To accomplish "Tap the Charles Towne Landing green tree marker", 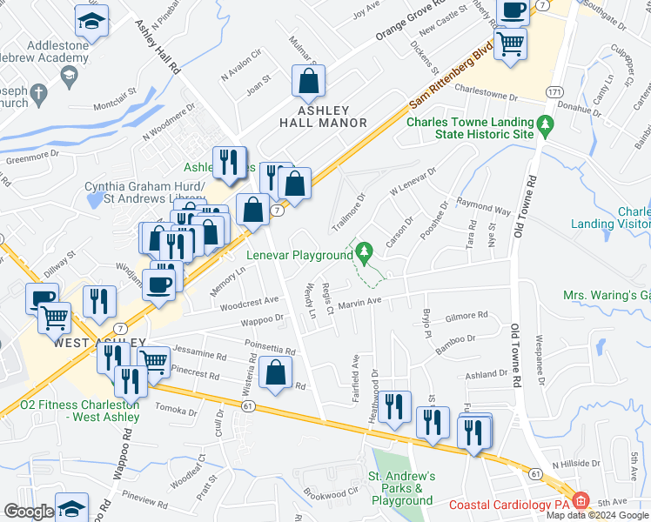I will point(546,125).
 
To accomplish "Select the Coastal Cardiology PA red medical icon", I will point(581,502).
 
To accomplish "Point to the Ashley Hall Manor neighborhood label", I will point(323,117).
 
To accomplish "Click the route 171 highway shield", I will point(554,91).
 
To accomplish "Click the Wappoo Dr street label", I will point(268,319).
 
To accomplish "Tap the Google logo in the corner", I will point(28,512).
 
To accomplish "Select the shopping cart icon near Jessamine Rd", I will point(153,360).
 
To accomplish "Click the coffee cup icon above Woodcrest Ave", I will point(159,284).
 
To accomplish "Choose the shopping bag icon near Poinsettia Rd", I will point(275,373).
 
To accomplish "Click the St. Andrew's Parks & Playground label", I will point(400,488).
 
